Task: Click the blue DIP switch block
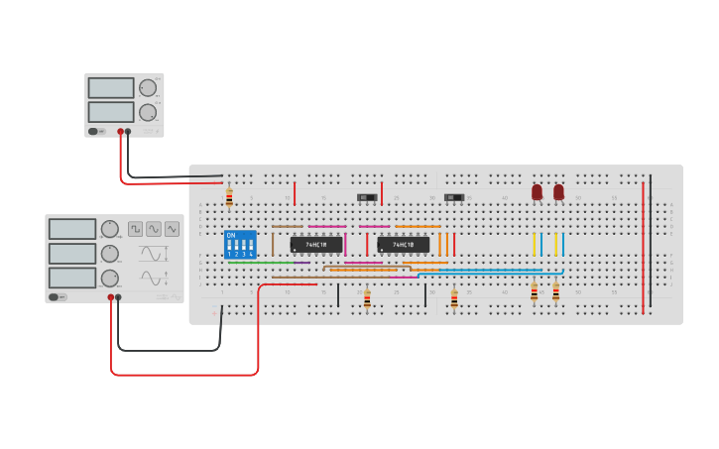point(240,244)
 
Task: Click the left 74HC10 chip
point(315,244)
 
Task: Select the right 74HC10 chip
point(403,244)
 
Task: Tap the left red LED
point(537,191)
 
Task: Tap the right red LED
point(558,191)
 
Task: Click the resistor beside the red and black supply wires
point(229,198)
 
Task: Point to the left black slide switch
point(367,197)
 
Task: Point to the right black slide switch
point(454,197)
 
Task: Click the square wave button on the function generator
point(135,229)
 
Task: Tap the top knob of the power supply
point(148,88)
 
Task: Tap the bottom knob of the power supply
point(148,112)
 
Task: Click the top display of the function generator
point(72,229)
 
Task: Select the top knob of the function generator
point(109,230)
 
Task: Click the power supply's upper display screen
point(110,88)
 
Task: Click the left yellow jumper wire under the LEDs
point(534,244)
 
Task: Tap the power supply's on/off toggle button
point(94,131)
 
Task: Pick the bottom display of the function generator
point(72,278)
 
